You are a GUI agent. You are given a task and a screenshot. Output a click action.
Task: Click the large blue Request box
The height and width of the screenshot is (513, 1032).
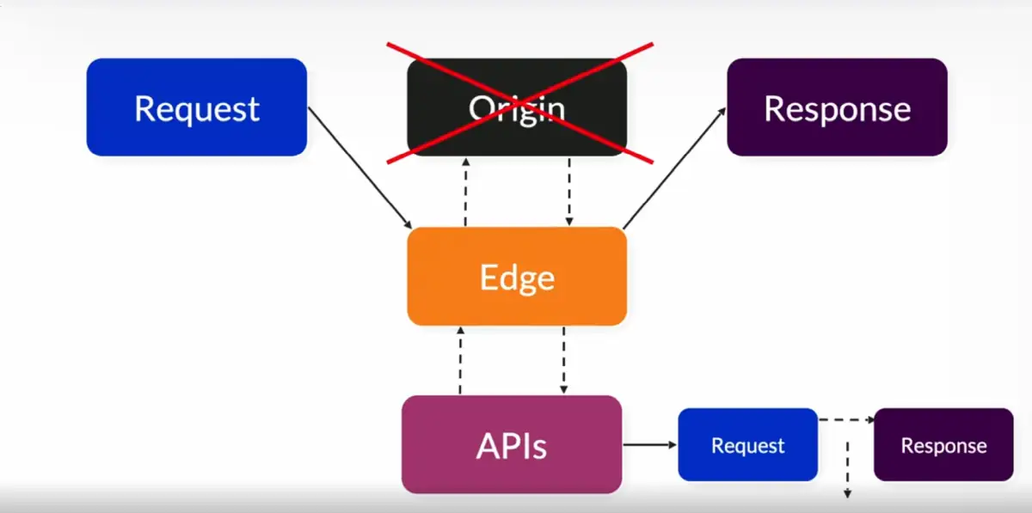[x=196, y=107]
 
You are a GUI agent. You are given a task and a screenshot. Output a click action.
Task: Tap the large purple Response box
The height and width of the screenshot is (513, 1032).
[x=837, y=107]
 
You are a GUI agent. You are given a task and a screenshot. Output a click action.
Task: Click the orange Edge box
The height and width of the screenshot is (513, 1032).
[x=517, y=277]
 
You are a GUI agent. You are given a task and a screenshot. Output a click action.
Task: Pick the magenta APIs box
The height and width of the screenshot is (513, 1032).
[x=512, y=444]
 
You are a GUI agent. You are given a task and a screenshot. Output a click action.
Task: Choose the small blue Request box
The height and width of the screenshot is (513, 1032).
[x=747, y=444]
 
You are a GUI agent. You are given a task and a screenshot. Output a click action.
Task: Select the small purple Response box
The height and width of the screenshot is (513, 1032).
[x=943, y=444]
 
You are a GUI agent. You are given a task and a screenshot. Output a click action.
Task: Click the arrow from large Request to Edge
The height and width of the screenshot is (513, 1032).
[x=359, y=168]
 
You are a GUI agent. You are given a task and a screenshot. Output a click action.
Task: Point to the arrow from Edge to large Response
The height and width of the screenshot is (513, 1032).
[x=675, y=168]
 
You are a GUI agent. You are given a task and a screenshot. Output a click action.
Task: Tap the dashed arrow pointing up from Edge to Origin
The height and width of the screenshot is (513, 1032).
[x=465, y=192]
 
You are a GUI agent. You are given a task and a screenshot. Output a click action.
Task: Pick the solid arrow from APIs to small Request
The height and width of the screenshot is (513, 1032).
[x=649, y=444]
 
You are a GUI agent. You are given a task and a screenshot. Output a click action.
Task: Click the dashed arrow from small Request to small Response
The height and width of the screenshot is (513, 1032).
[x=845, y=420]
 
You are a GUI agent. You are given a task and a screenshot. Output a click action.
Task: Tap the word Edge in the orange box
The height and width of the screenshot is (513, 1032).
[x=517, y=278]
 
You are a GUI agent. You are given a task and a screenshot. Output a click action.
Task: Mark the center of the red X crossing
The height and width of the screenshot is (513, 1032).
[x=519, y=101]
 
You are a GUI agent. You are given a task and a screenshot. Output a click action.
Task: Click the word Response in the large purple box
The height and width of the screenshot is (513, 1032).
[x=837, y=108]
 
